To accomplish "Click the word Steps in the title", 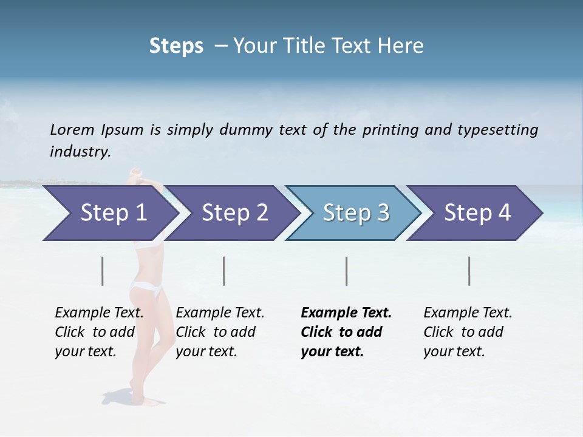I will tap(176, 46).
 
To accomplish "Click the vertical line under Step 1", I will tap(103, 271).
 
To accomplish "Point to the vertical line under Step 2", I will tap(224, 271).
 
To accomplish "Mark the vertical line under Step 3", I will tap(346, 271).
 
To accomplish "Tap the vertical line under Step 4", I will tap(469, 271).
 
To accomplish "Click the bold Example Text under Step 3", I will tap(346, 332).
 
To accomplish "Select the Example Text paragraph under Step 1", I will tap(99, 332).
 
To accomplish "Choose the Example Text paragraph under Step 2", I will tap(220, 332).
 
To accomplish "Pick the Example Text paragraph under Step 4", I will tap(468, 332).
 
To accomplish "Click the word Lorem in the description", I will tap(72, 129).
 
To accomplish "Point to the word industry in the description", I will tap(80, 152).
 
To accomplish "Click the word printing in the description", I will tap(390, 130).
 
